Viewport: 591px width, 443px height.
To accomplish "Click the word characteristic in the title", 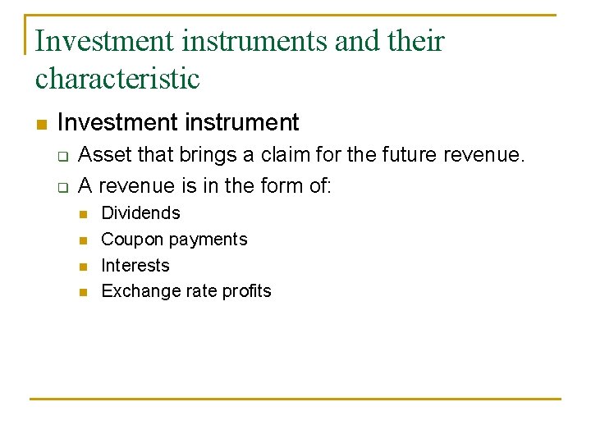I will point(117,79).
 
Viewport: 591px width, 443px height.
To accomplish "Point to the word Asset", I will point(103,154).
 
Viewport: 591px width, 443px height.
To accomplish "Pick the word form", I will point(282,185).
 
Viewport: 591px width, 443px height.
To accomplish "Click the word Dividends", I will point(140,213).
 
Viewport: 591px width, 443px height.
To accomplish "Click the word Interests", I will point(135,265).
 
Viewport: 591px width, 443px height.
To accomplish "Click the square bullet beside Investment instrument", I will point(41,125).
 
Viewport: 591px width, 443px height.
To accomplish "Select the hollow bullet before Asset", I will point(62,156).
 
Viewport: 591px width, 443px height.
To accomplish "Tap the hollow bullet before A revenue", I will point(62,187).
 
